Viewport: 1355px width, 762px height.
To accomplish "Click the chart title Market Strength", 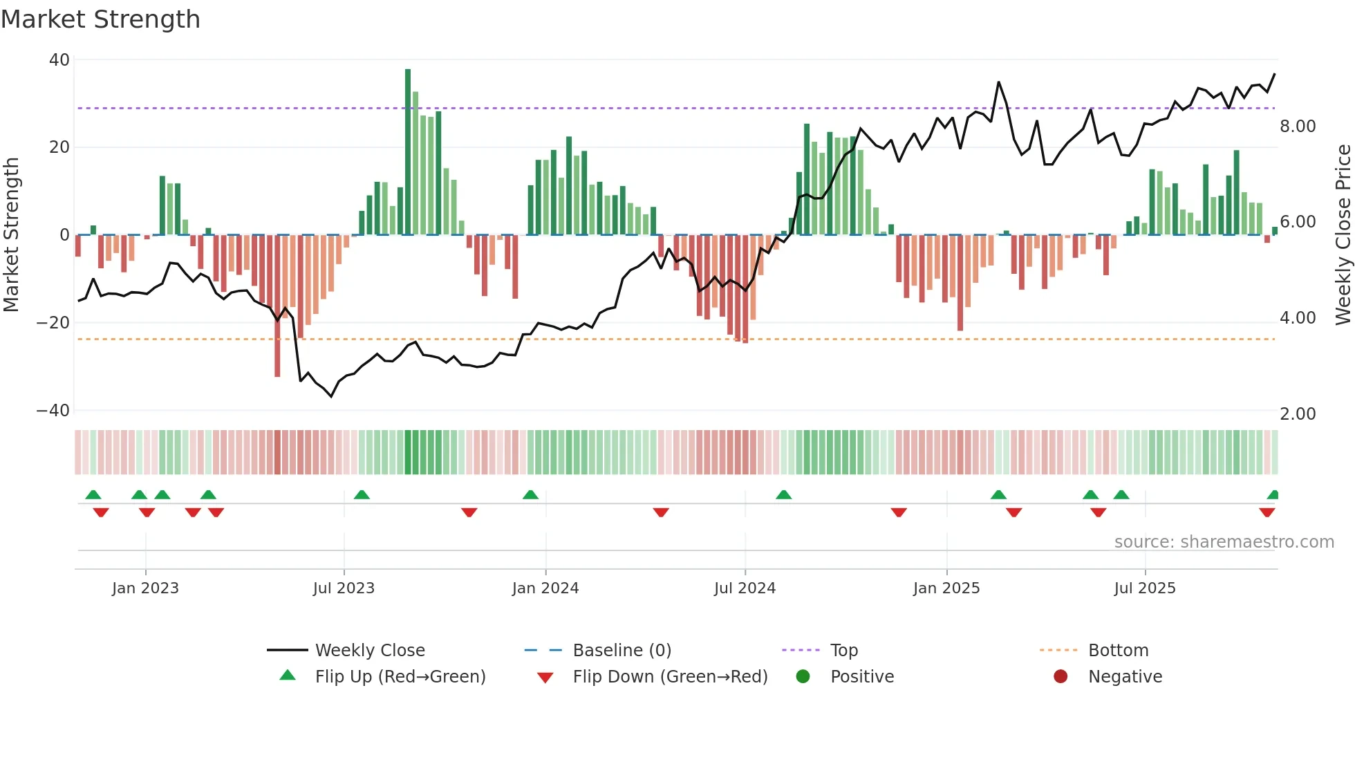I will coord(100,19).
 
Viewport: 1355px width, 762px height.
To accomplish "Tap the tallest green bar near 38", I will coord(408,152).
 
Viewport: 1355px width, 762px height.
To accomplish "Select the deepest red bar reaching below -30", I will coord(277,308).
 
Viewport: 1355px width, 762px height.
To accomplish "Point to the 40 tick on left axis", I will coord(59,60).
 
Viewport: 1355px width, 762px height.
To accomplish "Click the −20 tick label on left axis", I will coord(53,323).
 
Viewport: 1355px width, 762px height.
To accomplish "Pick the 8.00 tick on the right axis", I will coord(1298,127).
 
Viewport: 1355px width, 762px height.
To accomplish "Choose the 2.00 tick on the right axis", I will coord(1298,414).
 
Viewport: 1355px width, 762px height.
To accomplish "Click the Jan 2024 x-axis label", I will coord(545,588).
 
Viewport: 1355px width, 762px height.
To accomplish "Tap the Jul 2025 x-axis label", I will coord(1145,588).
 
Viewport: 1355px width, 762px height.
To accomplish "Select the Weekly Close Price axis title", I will coord(1343,235).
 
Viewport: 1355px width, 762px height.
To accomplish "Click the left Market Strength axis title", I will coord(11,235).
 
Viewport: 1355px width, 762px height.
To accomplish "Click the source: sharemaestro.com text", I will coord(1224,542).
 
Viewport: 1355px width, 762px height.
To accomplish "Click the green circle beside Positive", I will coord(803,677).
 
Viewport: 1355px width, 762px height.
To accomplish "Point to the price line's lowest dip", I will coord(331,396).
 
